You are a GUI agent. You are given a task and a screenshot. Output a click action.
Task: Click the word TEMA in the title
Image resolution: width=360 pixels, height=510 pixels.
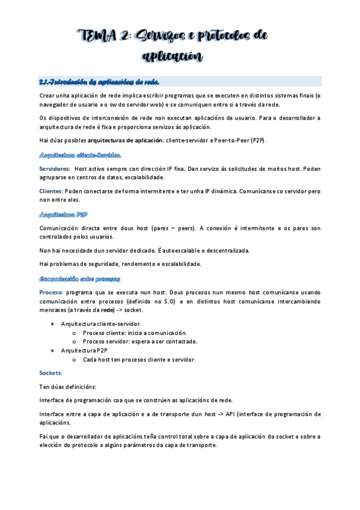coord(97,37)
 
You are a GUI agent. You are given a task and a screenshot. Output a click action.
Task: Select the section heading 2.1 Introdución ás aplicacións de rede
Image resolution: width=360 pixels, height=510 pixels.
coord(99,81)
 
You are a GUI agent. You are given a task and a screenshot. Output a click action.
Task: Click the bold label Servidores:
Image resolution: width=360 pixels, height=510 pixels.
coord(53,170)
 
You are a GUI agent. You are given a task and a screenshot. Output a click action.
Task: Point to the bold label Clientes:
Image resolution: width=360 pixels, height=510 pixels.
coord(51,191)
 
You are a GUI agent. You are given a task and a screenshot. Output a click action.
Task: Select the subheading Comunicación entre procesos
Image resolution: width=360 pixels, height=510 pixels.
coord(79,278)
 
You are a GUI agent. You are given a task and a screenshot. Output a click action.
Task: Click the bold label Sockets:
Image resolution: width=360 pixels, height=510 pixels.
coord(50,373)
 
